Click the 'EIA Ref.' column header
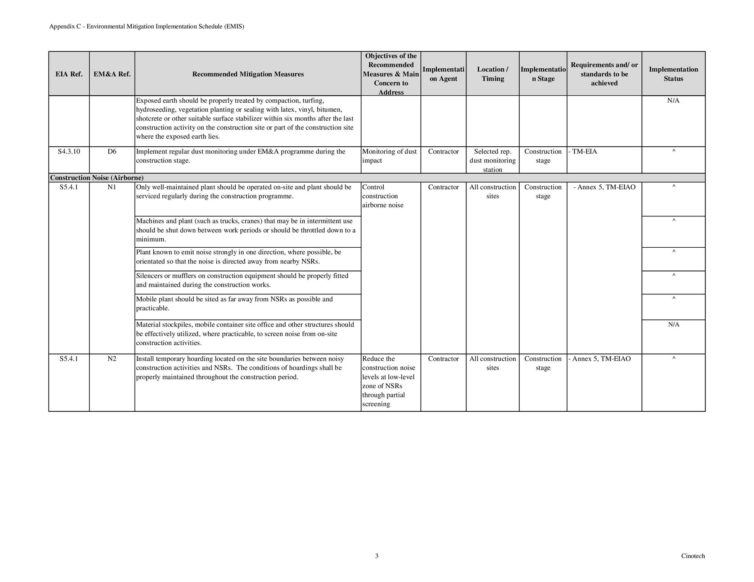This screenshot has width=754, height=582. coord(69,74)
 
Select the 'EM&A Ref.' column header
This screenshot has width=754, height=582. coord(112,74)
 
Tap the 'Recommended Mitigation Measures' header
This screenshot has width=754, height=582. coord(248,74)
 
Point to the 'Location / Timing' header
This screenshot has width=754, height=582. coord(492,74)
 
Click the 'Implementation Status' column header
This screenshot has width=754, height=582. coord(673,74)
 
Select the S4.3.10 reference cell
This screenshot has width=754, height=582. coord(69,151)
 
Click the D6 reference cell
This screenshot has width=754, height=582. coord(112,151)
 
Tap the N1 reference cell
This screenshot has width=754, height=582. coord(112,187)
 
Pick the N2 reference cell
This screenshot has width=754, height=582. coord(112,359)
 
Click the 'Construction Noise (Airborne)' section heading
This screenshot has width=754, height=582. coord(97,178)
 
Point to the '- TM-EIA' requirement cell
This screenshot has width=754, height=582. coord(583,151)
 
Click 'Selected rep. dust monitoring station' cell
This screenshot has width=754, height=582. coord(492,160)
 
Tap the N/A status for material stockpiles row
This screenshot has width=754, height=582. coord(673,325)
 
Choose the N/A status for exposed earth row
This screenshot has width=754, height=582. coord(673,101)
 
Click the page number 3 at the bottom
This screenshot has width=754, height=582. coord(377,556)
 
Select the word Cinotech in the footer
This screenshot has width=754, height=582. coord(693,556)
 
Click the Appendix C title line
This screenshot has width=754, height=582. coord(146,26)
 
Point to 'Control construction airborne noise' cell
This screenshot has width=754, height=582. coord(383,196)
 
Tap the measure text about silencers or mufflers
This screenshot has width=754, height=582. coord(242,280)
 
